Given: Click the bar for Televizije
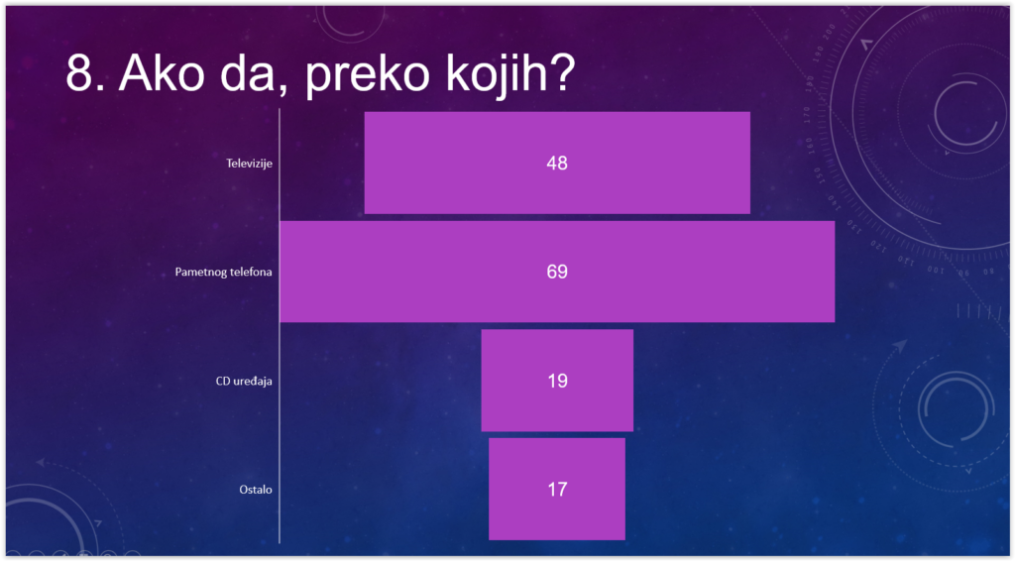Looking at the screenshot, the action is coord(557,163).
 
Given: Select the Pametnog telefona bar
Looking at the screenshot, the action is coord(557,272).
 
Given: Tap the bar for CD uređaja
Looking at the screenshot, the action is coord(557,380).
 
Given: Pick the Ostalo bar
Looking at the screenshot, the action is coord(557,489).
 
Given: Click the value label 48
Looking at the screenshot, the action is coord(557,164).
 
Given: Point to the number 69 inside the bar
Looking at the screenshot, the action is coord(557,272).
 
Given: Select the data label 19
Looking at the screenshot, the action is coord(557,381).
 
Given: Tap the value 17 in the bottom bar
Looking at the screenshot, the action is coord(557,490).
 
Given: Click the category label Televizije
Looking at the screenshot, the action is coord(249,164).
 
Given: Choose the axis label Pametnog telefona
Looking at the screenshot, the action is coord(223,272).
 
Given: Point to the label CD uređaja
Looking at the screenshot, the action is coord(244,381).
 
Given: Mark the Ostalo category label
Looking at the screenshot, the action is coord(256,490).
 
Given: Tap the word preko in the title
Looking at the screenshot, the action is coord(367,75).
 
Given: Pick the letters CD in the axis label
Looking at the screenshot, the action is coord(223,381).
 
